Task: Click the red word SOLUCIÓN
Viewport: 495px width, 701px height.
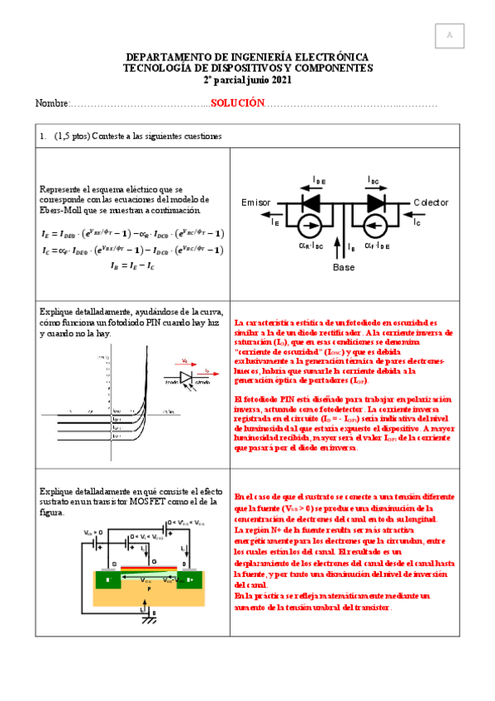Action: coord(236,103)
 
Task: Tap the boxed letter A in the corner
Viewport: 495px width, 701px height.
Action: coord(450,36)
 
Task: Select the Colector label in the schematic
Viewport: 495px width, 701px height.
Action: coord(431,203)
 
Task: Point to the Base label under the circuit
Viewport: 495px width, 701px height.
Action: coord(343,268)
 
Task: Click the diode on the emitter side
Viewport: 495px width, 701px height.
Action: coord(311,202)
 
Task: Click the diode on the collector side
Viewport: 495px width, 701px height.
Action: coord(376,202)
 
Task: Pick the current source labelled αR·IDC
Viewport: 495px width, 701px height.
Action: coord(311,225)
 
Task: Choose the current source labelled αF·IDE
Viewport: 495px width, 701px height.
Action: coord(376,225)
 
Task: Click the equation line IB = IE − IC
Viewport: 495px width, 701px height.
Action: coord(132,266)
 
